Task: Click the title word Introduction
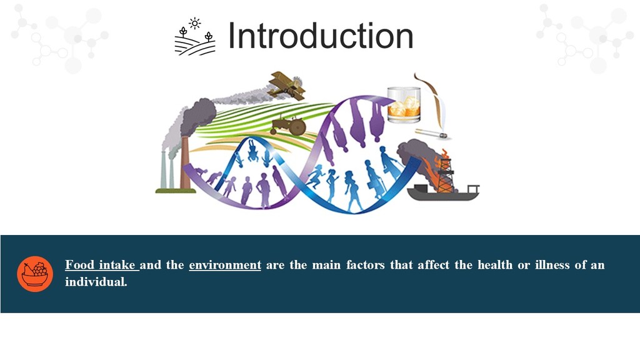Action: tap(321, 36)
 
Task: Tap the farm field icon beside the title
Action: tap(195, 37)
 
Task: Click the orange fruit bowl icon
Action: tap(35, 274)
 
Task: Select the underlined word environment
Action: tap(225, 265)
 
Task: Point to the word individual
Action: tap(96, 282)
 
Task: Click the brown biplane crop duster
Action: tap(287, 86)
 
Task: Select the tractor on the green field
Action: tap(288, 125)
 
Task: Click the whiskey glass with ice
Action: tap(404, 105)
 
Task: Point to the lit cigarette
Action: tap(431, 134)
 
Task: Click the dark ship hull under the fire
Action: tap(443, 193)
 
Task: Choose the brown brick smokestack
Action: tap(185, 163)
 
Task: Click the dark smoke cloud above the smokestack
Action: tap(199, 115)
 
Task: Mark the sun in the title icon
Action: tap(195, 24)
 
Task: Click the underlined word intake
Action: tap(117, 265)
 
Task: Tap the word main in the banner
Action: tap(326, 265)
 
